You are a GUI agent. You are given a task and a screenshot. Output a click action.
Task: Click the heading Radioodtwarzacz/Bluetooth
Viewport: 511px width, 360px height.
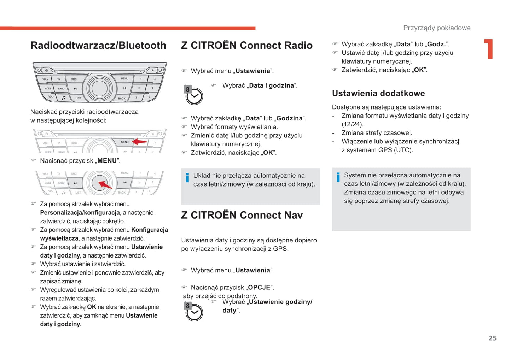point(98,46)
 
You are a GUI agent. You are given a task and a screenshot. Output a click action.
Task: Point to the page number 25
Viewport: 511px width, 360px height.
point(492,338)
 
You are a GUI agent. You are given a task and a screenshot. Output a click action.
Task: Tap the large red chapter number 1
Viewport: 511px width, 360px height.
point(489,49)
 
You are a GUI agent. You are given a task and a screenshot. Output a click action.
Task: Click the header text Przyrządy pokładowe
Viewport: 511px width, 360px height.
point(437,28)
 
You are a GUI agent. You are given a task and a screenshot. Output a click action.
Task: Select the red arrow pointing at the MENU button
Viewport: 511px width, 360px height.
point(140,142)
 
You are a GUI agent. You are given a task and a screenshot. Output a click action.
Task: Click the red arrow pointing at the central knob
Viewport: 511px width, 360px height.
point(105,185)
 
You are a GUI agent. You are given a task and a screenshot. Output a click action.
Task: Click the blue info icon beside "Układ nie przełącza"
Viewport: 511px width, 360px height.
point(187,177)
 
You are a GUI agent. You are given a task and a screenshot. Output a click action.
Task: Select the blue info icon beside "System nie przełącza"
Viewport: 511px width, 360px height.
point(338,177)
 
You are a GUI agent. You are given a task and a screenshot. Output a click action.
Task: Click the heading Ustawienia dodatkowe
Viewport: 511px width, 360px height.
point(378,94)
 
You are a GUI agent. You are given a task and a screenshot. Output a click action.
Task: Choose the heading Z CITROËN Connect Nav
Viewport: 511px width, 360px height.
point(242,215)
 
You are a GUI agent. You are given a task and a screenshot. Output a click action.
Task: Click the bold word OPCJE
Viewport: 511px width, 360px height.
point(259,288)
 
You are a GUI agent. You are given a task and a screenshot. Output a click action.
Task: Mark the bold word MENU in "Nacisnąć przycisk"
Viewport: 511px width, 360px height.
point(107,161)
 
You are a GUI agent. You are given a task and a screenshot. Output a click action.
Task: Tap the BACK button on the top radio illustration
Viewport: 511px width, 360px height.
point(122,98)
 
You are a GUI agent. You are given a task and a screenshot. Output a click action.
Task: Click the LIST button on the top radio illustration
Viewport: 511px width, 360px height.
point(78,98)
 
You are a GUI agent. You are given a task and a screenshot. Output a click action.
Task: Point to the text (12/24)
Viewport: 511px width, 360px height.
point(352,124)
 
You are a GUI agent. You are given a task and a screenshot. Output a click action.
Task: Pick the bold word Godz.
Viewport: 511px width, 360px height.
point(436,44)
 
